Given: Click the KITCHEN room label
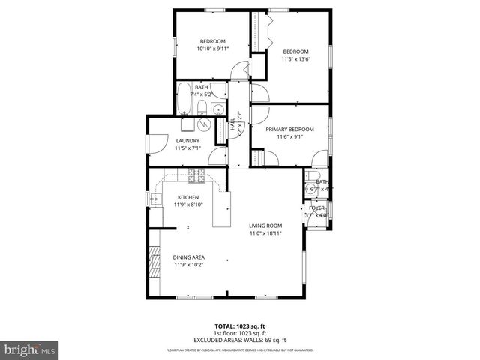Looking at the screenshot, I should point(187,198).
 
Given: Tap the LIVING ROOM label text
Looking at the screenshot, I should point(265,226).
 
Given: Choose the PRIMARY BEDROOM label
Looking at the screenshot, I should point(289,129).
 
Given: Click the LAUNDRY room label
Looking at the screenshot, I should point(187,140).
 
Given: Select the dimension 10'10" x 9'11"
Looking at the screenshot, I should point(212,49).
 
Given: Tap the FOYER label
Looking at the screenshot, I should point(316,208).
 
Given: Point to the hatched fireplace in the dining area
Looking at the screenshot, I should point(156,262).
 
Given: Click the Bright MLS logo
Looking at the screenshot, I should point(30,349).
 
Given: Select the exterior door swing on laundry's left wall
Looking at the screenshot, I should point(155,144).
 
